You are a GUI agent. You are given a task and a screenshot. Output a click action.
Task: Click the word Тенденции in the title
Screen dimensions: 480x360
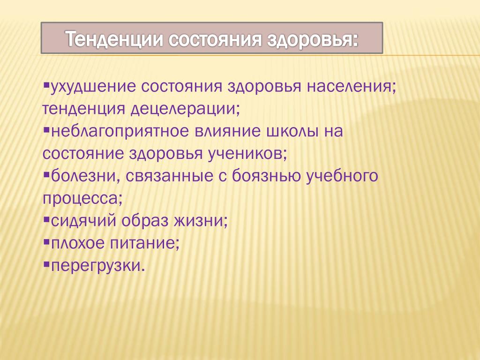[x=114, y=39]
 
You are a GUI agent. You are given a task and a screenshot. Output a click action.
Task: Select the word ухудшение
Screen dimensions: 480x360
[x=93, y=87]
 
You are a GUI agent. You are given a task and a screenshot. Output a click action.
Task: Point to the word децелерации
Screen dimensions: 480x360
[x=185, y=109]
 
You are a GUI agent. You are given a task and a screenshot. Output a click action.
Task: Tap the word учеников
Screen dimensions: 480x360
[x=247, y=154]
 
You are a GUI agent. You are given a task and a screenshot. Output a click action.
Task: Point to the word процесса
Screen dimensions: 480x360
[x=82, y=199]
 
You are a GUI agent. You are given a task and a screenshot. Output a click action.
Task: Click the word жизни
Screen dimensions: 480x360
[x=201, y=221]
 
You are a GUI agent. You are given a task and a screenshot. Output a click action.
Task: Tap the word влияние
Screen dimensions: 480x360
[x=228, y=132]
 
